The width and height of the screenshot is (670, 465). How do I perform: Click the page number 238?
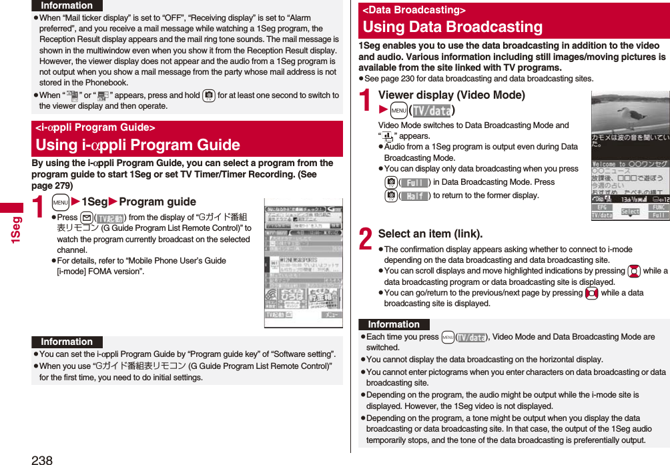[41, 458]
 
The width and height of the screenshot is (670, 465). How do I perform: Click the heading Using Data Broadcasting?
[452, 27]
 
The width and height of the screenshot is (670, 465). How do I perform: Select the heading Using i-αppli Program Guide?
[137, 145]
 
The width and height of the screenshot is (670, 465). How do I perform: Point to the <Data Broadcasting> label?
[414, 10]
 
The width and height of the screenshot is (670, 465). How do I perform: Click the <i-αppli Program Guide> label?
[95, 127]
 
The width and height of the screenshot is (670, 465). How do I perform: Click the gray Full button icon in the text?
[416, 182]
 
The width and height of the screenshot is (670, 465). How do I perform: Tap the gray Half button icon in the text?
[416, 195]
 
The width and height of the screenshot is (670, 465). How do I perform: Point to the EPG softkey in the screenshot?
[603, 207]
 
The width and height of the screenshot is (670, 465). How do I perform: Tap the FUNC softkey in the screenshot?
[658, 207]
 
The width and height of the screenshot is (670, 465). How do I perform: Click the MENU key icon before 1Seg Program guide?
[60, 202]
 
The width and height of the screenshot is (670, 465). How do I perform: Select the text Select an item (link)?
[430, 234]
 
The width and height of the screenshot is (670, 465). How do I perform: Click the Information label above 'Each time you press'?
[394, 324]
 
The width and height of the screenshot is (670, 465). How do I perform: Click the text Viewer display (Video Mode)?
[451, 95]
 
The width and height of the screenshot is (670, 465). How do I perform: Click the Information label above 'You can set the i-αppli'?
[67, 342]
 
